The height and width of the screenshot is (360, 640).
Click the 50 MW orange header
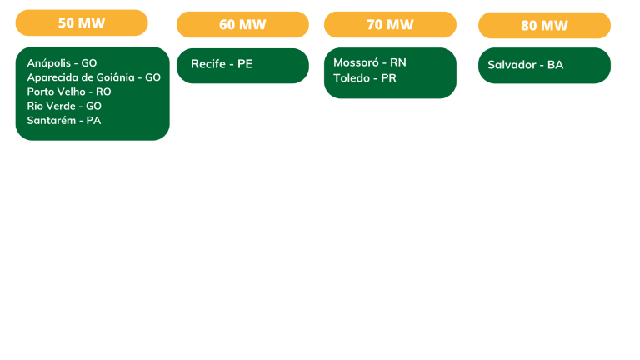coord(82,22)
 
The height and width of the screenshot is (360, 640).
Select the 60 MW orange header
coord(242,24)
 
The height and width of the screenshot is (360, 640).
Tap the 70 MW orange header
coord(390,24)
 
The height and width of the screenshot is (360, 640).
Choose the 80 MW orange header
coord(544,25)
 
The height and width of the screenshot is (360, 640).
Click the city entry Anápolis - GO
coord(62,63)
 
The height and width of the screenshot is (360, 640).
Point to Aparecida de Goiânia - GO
coord(93,77)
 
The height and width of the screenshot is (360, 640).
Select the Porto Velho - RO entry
coord(68,92)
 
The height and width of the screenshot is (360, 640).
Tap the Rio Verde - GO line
coord(64,106)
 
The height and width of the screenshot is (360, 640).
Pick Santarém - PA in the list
coord(63,120)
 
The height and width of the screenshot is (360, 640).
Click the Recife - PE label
coord(222,64)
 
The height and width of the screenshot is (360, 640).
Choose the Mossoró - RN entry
coord(370,62)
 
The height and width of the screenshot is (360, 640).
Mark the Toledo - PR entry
coord(365,78)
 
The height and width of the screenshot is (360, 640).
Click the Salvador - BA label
coord(525,65)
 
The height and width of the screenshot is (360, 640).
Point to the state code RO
coord(103,92)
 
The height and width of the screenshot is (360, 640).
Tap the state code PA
coord(93,120)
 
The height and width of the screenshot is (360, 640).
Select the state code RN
coord(398,62)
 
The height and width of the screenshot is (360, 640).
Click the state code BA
coord(555,65)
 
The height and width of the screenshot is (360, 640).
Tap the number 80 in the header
coord(528,25)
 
